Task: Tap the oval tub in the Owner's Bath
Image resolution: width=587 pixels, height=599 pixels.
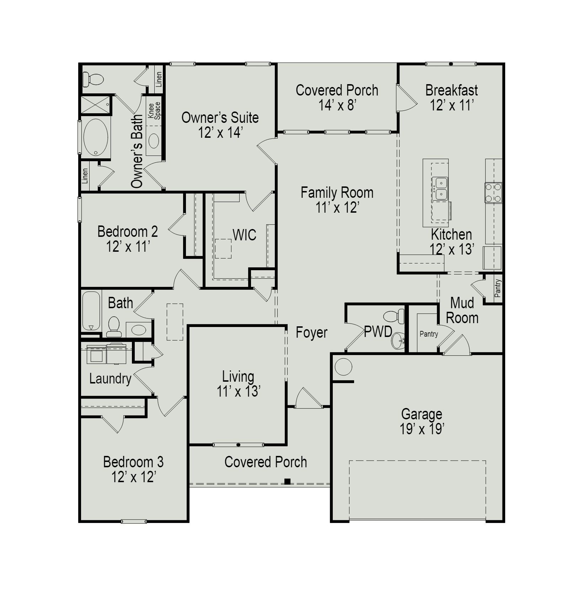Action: (96, 137)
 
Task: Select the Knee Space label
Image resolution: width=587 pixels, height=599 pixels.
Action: (154, 110)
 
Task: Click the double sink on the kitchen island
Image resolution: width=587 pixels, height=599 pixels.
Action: (440, 189)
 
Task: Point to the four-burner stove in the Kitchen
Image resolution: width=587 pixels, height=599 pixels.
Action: (493, 193)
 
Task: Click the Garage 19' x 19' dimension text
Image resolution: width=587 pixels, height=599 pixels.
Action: (422, 429)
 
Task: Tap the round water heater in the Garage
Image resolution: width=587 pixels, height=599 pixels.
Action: (343, 367)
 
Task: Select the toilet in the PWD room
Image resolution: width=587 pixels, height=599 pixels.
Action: (395, 316)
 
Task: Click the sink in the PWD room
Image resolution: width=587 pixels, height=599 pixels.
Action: (398, 341)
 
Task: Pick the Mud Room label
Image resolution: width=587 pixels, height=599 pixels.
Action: (462, 310)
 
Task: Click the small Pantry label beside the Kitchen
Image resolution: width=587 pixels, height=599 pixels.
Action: (497, 288)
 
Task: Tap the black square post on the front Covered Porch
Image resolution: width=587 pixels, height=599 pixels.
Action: (287, 481)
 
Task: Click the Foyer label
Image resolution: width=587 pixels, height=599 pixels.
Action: (311, 333)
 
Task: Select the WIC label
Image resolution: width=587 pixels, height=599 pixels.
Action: (244, 235)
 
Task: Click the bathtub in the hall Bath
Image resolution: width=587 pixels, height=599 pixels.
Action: (91, 311)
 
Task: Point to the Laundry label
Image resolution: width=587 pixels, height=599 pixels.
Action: (110, 379)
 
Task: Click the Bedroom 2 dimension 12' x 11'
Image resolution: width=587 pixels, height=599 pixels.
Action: (128, 246)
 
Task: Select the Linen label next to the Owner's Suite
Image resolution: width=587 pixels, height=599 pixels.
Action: (159, 79)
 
